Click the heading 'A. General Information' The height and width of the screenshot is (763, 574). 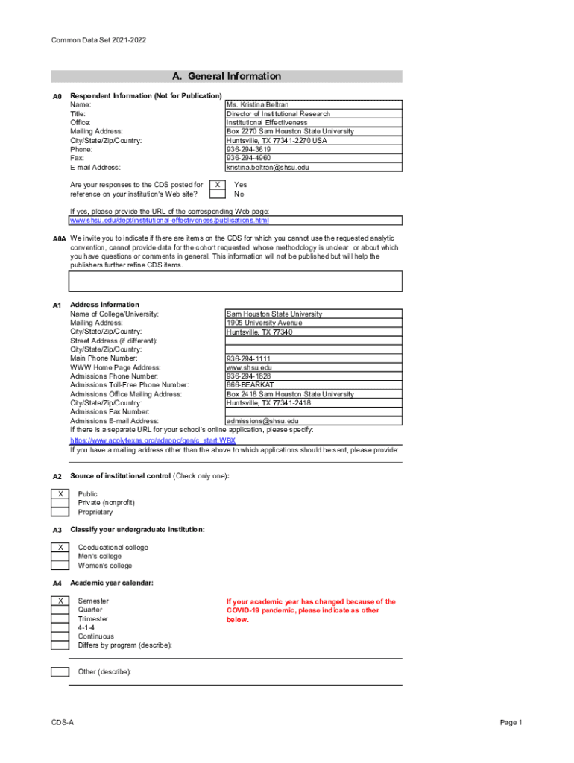click(227, 76)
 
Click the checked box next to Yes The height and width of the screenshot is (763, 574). click(216, 184)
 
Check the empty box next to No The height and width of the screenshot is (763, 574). click(216, 194)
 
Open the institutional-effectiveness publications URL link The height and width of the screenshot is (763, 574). click(169, 221)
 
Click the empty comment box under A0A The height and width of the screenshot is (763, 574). click(236, 281)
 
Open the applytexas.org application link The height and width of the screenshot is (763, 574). click(153, 440)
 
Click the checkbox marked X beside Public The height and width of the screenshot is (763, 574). click(60, 494)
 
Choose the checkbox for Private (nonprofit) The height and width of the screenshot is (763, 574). click(60, 503)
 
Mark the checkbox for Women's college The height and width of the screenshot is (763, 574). click(60, 566)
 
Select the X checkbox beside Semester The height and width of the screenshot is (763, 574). click(60, 601)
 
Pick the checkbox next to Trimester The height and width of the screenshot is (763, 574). click(60, 618)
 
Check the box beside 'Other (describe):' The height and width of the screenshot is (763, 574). click(60, 672)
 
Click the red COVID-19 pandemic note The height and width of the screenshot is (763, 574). click(311, 610)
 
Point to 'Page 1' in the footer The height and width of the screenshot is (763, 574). click(511, 723)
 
